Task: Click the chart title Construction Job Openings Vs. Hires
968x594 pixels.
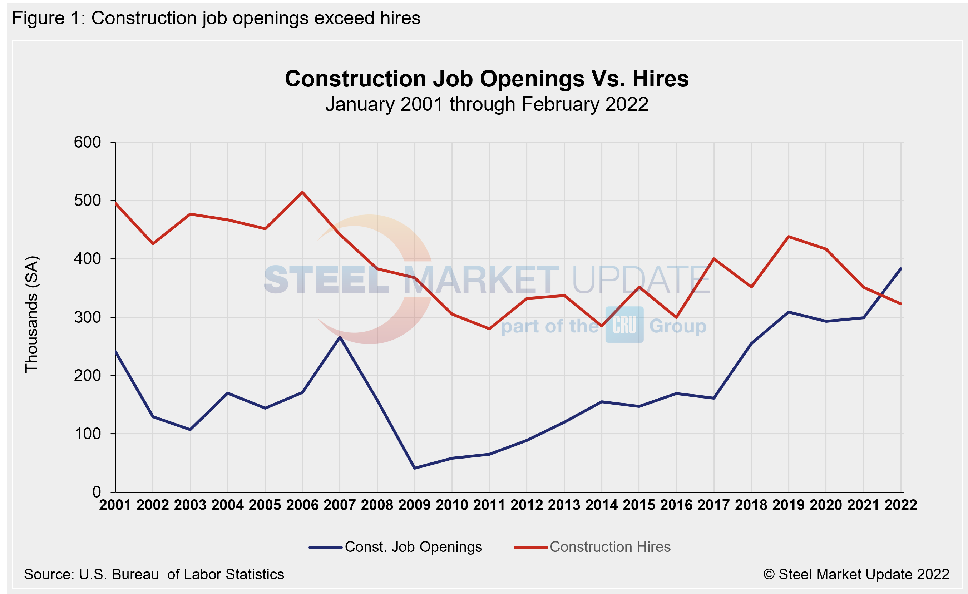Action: point(487,79)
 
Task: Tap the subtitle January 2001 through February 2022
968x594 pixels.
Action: point(487,104)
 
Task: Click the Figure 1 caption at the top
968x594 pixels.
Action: point(216,18)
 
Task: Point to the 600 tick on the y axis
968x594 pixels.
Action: point(87,142)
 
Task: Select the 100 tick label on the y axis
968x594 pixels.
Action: point(87,434)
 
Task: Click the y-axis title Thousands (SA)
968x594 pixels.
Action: point(31,314)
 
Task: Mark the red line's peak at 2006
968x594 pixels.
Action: point(302,192)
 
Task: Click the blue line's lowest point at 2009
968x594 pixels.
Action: point(414,468)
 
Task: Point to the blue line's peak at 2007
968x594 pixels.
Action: point(340,337)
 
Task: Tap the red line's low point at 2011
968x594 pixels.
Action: point(489,329)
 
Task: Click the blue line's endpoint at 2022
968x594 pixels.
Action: point(901,269)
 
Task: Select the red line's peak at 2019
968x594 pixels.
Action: point(789,237)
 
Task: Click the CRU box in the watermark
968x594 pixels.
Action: point(624,325)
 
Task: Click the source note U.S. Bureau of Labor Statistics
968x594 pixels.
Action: point(154,574)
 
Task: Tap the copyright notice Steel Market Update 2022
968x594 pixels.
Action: point(856,574)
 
